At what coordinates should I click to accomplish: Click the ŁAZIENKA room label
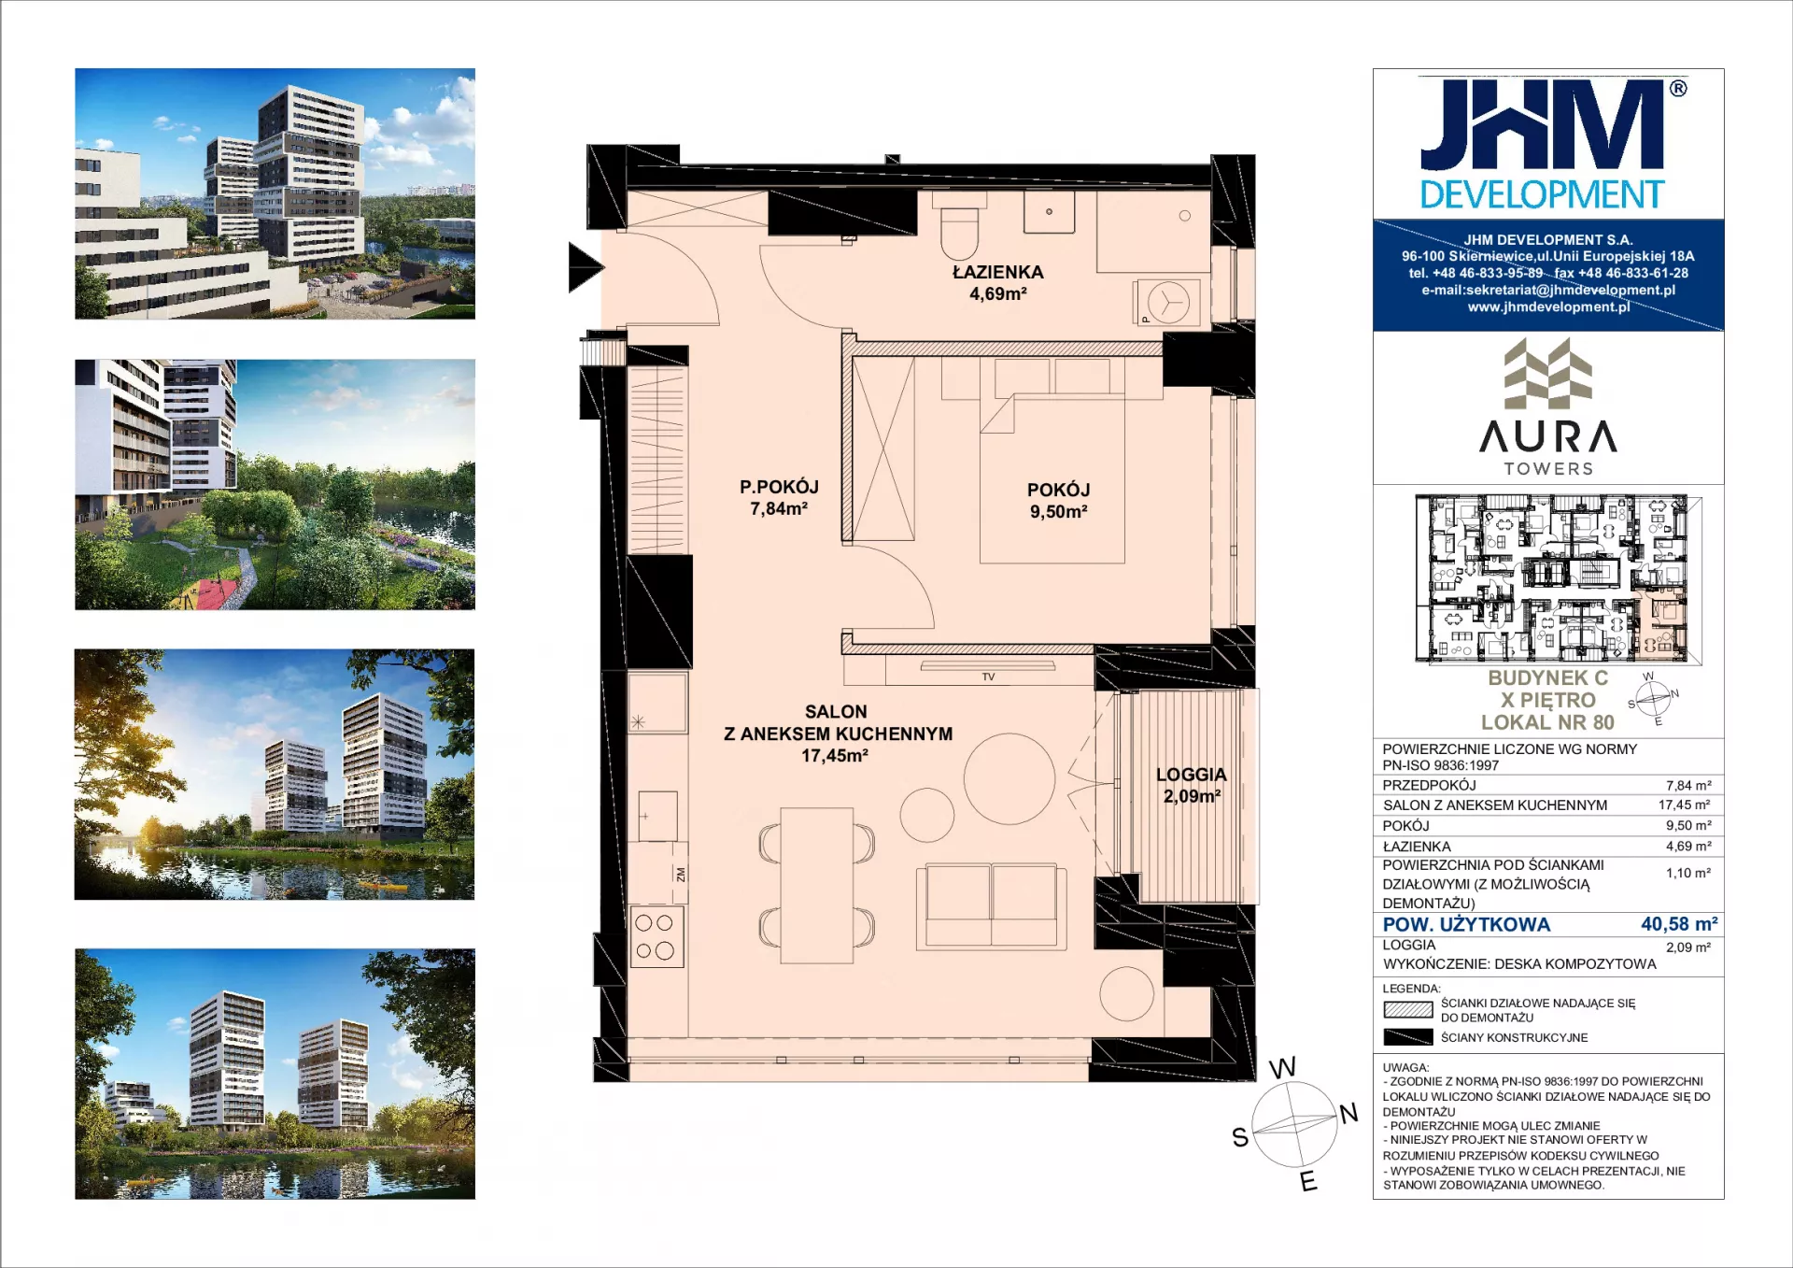click(x=997, y=272)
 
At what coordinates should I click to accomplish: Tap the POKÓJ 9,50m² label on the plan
click(x=1058, y=500)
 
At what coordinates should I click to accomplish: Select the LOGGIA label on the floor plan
click(x=1191, y=775)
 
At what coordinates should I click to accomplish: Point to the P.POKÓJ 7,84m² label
click(x=779, y=497)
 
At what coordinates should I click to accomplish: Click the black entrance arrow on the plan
click(x=586, y=267)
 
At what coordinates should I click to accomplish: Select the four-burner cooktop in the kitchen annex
click(x=656, y=936)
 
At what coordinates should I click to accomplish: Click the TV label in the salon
click(x=988, y=677)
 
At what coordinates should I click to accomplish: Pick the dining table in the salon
click(x=816, y=885)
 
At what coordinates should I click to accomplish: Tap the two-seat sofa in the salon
click(x=991, y=906)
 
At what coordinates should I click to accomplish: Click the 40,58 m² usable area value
click(x=1678, y=924)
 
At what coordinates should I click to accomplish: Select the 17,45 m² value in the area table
click(x=1684, y=805)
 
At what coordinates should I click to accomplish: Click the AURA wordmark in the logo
click(x=1548, y=436)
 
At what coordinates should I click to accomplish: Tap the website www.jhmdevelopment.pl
click(x=1548, y=306)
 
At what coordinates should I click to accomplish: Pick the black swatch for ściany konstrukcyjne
click(x=1407, y=1037)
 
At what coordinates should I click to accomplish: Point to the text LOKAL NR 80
click(x=1547, y=722)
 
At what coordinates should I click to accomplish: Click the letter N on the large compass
click(x=1348, y=1113)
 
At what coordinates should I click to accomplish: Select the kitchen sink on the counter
click(x=657, y=816)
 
